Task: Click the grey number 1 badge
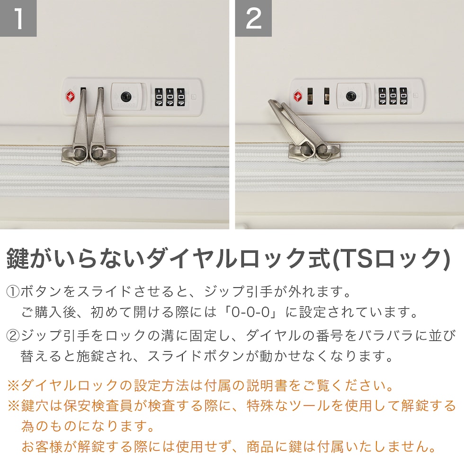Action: point(18,18)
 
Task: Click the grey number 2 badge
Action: point(254,18)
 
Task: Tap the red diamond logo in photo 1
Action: point(71,96)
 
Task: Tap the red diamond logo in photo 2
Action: point(298,96)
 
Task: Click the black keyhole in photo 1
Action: point(126,96)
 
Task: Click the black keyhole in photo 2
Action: point(351,96)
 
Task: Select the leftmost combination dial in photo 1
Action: point(159,97)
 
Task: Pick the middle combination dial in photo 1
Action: point(170,97)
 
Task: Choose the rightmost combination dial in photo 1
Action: point(181,97)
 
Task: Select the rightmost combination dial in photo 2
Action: point(403,96)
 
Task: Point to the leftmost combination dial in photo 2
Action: point(383,96)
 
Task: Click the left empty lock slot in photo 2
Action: point(310,96)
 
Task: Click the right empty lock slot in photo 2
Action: point(327,96)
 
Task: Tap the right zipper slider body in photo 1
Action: point(103,155)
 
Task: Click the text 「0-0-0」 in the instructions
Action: point(250,312)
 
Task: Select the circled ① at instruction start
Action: point(13,292)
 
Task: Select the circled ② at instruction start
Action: point(13,336)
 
